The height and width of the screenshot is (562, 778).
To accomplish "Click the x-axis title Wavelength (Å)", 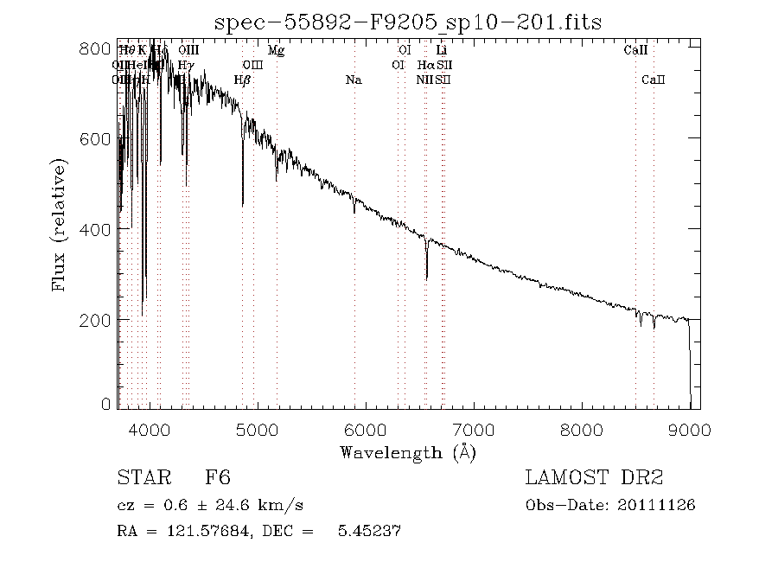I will (408, 451).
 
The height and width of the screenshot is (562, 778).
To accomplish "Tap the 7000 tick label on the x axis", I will (474, 428).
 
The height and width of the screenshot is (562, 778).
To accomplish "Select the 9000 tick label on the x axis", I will (690, 428).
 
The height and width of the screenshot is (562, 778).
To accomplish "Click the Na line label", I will (354, 80).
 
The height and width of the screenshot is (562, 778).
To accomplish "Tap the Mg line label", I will (276, 51).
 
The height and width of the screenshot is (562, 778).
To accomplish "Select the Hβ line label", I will (242, 80).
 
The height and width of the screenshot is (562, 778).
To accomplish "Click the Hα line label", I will (425, 65).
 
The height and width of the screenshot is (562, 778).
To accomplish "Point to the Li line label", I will (441, 51).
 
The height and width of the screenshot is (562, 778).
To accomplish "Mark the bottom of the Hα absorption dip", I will (426, 278).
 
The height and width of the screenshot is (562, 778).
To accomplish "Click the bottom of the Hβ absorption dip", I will (243, 204).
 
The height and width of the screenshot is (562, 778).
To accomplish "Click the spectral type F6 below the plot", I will (218, 478).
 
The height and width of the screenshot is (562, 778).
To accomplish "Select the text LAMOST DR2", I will (594, 478).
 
